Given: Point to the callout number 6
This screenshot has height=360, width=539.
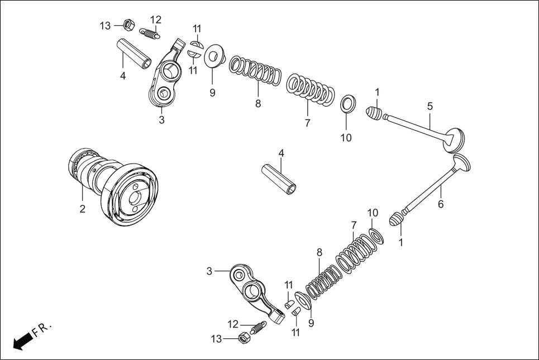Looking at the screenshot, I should (x=441, y=205).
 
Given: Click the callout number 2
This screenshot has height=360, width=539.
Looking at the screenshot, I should (x=82, y=209).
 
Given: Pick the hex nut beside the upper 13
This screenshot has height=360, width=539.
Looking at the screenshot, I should (x=127, y=25).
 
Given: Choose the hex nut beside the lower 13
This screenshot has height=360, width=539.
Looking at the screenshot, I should (x=244, y=338).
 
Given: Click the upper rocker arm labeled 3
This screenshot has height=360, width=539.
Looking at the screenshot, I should (x=166, y=75).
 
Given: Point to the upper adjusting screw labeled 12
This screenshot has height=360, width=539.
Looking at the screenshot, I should (x=150, y=33).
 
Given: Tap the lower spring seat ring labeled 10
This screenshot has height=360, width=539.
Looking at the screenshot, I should (x=377, y=234).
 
